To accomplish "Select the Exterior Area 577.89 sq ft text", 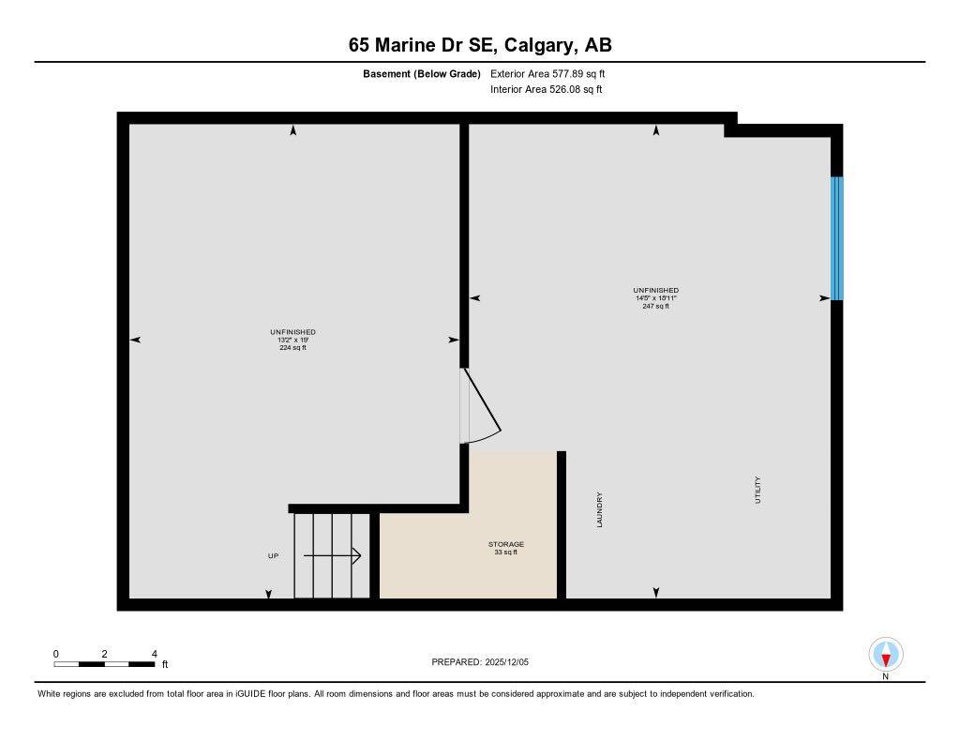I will (554, 73).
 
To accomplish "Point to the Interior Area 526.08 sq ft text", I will (546, 90).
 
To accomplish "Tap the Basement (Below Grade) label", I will (421, 73).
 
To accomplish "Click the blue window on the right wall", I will (836, 238).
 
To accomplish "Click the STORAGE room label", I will (505, 544).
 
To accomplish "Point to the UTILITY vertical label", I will (758, 491).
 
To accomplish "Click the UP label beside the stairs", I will (273, 556).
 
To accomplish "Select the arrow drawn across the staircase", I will (333, 556).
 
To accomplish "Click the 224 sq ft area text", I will (292, 348).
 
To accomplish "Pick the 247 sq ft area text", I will (655, 307).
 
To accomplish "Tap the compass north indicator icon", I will (885, 654).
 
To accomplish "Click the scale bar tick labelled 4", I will (154, 654).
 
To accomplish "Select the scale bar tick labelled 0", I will (55, 654).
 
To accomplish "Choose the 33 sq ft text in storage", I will (505, 553).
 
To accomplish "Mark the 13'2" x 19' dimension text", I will (292, 340).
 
